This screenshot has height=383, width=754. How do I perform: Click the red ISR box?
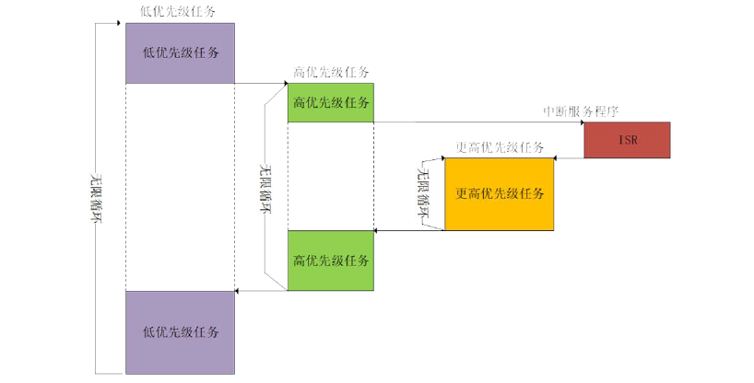click(627, 140)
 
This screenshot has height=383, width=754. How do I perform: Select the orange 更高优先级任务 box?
click(500, 193)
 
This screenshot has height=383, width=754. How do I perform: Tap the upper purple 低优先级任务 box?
click(180, 53)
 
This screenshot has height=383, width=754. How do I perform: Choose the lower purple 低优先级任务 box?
click(180, 331)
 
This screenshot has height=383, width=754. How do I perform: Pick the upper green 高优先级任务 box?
click(331, 103)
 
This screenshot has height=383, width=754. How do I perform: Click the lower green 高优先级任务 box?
click(331, 261)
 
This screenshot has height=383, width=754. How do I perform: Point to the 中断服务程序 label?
click(581, 111)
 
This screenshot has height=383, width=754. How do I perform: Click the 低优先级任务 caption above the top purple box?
click(180, 12)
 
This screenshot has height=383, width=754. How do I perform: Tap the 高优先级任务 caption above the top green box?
click(331, 73)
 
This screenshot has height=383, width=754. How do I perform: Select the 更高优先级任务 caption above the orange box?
click(500, 147)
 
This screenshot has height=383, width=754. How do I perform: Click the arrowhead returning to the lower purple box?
click(239, 292)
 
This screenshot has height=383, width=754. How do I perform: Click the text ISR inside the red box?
click(627, 140)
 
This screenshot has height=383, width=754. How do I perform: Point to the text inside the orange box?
click(500, 193)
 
